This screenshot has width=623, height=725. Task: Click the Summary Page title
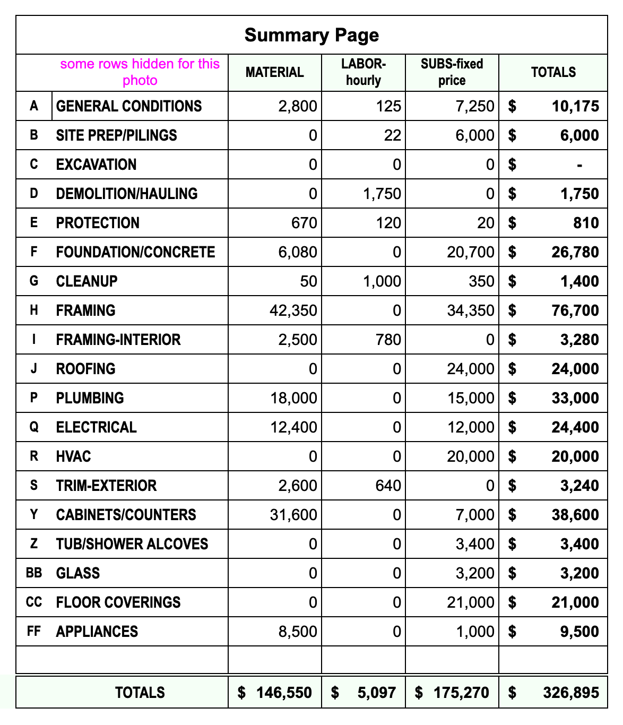pyautogui.click(x=311, y=35)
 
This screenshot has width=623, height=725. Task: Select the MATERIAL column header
pyautogui.click(x=274, y=72)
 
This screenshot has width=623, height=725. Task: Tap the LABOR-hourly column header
pyautogui.click(x=364, y=72)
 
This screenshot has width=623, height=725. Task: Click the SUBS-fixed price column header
pyautogui.click(x=452, y=72)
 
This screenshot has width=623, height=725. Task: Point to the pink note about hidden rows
pyautogui.click(x=140, y=72)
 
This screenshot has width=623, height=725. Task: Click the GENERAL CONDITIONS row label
pyautogui.click(x=129, y=106)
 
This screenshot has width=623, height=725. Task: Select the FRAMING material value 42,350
pyautogui.click(x=293, y=310)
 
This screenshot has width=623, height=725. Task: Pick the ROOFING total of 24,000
pyautogui.click(x=575, y=369)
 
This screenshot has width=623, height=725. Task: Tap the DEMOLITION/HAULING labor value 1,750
pyautogui.click(x=382, y=194)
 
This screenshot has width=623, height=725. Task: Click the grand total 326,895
pyautogui.click(x=571, y=693)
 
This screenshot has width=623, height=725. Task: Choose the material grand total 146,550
pyautogui.click(x=284, y=693)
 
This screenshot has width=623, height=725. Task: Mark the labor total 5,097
pyautogui.click(x=377, y=693)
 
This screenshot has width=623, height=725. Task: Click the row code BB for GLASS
pyautogui.click(x=34, y=573)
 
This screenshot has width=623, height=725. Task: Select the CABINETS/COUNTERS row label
pyautogui.click(x=126, y=515)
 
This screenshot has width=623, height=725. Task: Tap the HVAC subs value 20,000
pyautogui.click(x=471, y=456)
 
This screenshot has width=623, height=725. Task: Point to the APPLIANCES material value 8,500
pyautogui.click(x=298, y=632)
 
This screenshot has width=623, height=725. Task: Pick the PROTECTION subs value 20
pyautogui.click(x=486, y=223)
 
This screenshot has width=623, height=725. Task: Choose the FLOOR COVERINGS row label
pyautogui.click(x=118, y=602)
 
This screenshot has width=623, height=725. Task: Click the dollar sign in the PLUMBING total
pyautogui.click(x=512, y=398)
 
